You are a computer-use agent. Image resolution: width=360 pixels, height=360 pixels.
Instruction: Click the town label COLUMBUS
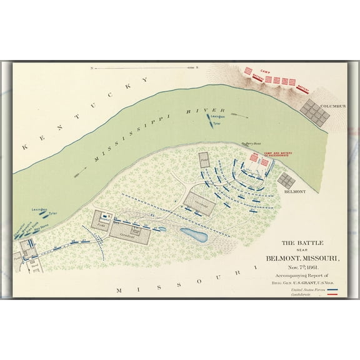(333, 106)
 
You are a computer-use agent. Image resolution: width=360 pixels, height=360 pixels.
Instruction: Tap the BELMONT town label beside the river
(294, 192)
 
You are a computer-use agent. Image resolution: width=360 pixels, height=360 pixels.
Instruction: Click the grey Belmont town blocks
(286, 181)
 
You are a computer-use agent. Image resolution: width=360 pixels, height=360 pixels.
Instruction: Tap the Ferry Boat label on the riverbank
(251, 143)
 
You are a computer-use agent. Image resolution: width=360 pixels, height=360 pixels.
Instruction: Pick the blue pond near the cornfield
(194, 235)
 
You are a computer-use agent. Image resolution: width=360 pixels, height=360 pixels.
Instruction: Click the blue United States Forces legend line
(333, 289)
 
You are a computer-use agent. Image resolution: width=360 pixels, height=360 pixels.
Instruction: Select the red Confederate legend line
(333, 294)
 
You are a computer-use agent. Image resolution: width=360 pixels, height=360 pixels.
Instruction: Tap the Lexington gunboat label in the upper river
(217, 116)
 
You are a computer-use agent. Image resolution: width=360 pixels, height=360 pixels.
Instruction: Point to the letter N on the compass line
(92, 67)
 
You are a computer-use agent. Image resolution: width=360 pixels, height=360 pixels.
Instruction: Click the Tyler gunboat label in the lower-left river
(52, 214)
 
